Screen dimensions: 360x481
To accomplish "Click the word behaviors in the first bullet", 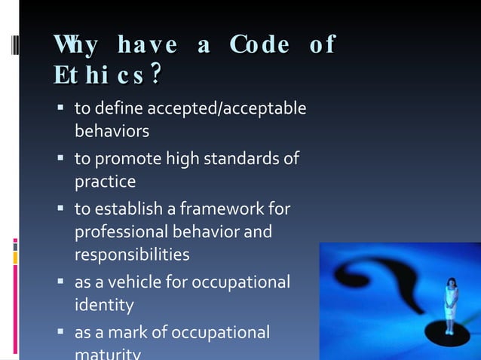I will [x=112, y=131].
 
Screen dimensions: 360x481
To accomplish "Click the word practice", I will [x=105, y=182].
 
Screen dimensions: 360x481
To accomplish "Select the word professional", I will [x=124, y=231].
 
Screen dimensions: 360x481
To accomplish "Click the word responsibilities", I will [x=132, y=255].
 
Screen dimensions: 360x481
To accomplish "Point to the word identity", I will [x=104, y=305].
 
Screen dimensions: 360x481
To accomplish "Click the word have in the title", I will [x=148, y=45].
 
